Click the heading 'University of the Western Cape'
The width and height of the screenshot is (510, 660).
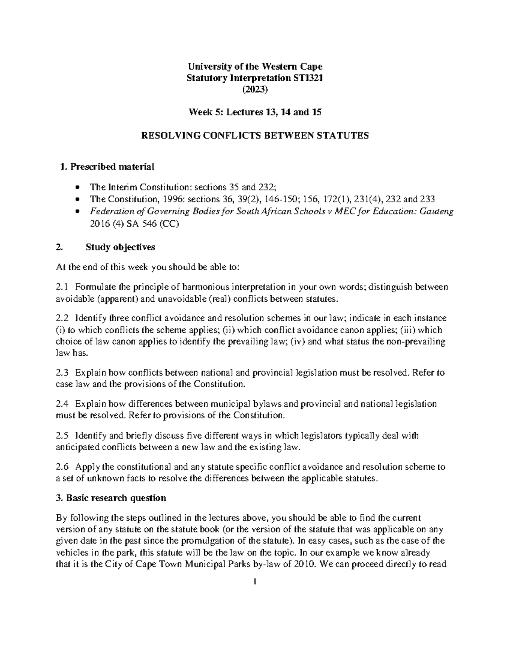255,66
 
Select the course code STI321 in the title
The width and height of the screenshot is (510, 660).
308,78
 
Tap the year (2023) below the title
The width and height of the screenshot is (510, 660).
255,89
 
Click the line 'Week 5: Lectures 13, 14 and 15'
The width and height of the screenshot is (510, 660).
255,112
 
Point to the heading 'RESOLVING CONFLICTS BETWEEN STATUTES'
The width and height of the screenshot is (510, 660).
255,136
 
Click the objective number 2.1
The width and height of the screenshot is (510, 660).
62,287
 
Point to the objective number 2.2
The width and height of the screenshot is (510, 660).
62,318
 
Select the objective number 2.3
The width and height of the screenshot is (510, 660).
62,373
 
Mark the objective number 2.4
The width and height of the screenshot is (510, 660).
62,404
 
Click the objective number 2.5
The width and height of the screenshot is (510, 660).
62,435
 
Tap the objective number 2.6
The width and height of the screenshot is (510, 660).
62,467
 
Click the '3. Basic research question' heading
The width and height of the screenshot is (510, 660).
111,498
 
